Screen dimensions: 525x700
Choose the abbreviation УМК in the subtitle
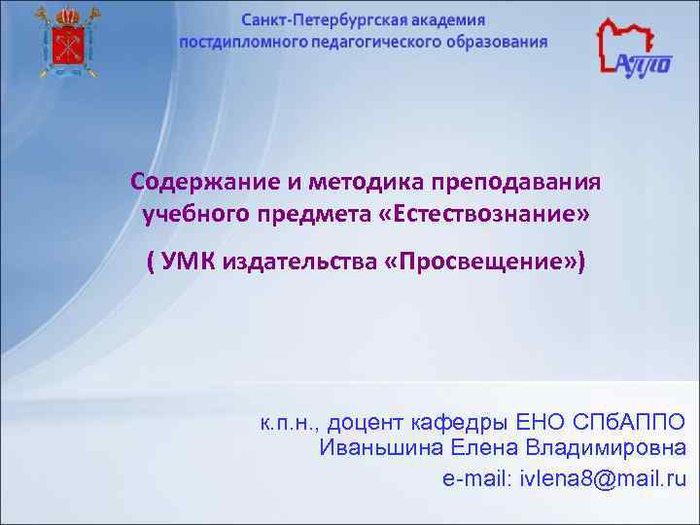click(188, 262)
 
